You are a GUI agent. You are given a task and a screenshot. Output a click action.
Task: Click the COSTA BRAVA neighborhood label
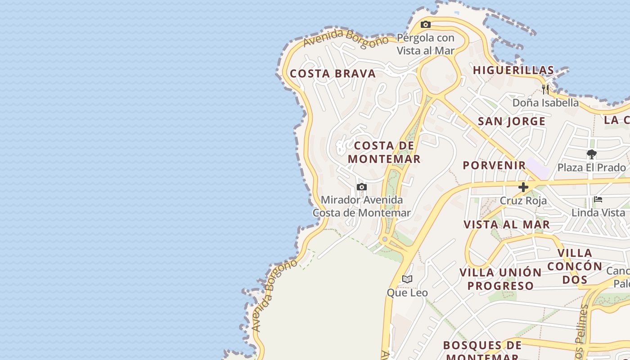[333, 74]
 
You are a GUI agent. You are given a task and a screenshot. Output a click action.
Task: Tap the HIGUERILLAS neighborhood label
[513, 70]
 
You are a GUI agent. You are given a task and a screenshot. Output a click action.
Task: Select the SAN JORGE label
[512, 121]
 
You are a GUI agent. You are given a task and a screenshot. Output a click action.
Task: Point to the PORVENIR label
[495, 165]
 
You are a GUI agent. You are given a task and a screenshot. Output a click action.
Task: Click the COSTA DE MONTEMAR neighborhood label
[384, 152]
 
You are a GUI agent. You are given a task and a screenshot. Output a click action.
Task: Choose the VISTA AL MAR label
[507, 225]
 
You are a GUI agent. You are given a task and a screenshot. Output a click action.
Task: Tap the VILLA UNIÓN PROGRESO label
[500, 279]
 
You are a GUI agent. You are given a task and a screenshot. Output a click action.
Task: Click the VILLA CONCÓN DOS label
[575, 266]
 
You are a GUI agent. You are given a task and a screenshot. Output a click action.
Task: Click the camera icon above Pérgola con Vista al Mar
[426, 25]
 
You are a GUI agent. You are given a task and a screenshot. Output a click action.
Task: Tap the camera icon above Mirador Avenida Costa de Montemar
[362, 187]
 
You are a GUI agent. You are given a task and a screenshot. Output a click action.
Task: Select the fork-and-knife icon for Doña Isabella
[545, 89]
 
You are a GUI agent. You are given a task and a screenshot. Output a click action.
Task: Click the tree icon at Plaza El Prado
[592, 155]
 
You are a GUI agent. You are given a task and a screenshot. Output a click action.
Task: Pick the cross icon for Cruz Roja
[523, 187]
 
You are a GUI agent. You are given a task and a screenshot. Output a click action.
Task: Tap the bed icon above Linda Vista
[598, 199]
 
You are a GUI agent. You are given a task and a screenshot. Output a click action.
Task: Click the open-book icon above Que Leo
[407, 279]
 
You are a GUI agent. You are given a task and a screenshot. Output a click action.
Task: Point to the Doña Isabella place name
[545, 103]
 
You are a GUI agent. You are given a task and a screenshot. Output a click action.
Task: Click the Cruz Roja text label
[523, 201]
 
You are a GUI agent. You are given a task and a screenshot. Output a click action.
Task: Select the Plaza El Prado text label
[591, 168]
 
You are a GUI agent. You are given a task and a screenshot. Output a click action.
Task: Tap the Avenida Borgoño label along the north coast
[346, 38]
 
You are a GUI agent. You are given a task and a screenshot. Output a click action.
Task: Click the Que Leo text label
[407, 293]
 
